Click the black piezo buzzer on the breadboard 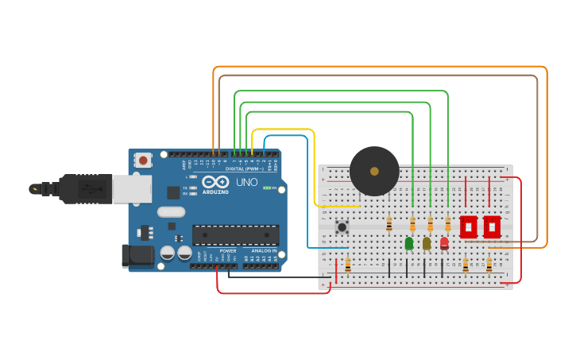tap(374, 171)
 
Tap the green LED tap(409, 244)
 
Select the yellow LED tap(427, 243)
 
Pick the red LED tap(444, 243)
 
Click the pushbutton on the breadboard tap(342, 227)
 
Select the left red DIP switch tap(468, 226)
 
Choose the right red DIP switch tap(492, 226)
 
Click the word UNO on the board tap(246, 182)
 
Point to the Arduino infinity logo tap(215, 182)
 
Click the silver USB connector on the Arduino tap(131, 189)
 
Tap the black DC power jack tap(137, 255)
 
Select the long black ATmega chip tap(235, 235)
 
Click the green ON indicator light tap(266, 188)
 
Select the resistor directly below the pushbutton tap(347, 265)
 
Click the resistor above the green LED tap(412, 224)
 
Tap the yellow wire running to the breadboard tap(314, 167)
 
